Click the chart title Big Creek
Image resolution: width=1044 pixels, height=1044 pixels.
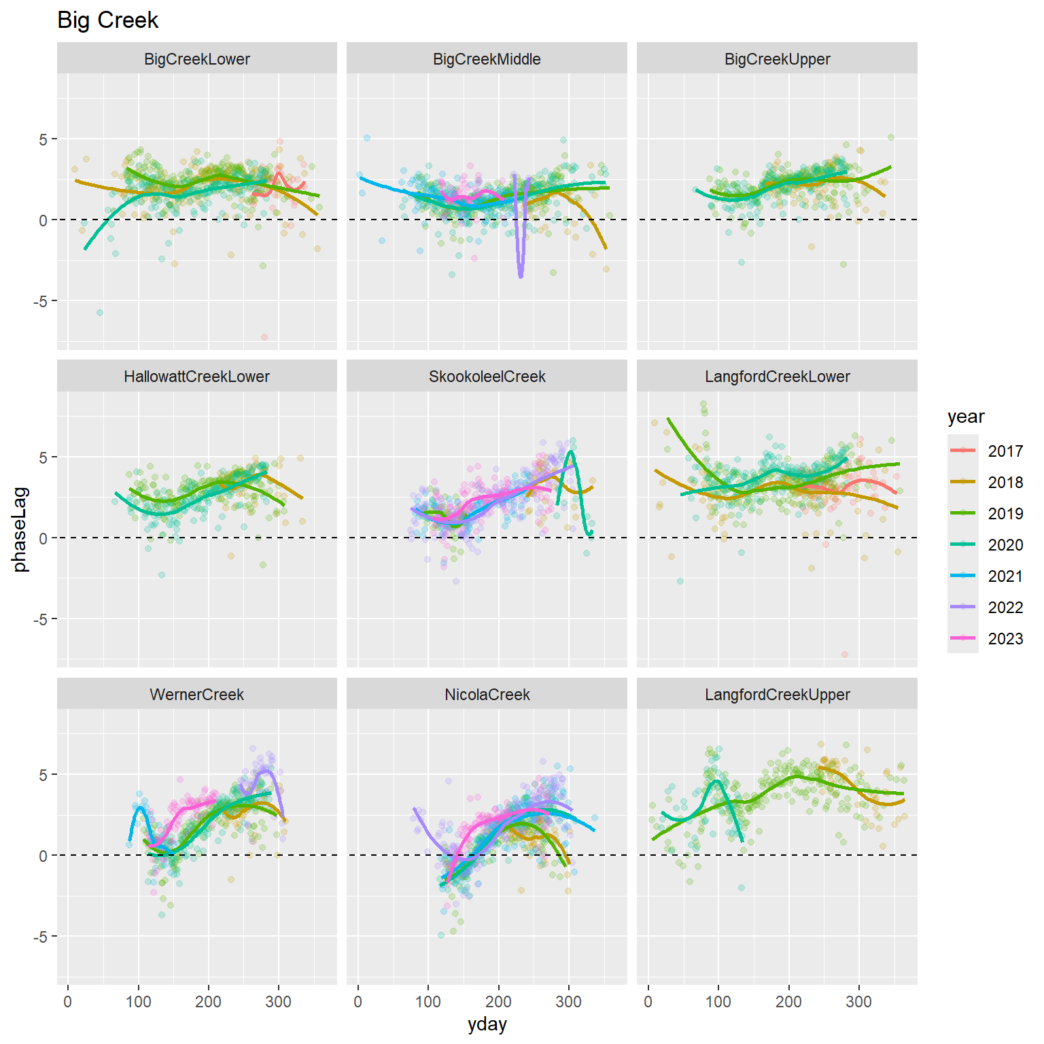tap(107, 20)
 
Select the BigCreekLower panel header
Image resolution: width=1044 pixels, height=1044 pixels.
tap(196, 59)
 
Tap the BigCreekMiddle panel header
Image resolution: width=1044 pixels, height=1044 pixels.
tap(487, 59)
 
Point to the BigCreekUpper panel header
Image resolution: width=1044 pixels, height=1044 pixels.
tap(777, 59)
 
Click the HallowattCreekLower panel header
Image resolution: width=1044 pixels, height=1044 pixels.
tap(196, 377)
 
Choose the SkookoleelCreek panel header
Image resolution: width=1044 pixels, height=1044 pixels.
tap(487, 377)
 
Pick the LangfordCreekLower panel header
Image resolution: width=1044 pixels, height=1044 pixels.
tap(777, 377)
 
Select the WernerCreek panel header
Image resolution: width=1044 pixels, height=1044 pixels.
tap(196, 695)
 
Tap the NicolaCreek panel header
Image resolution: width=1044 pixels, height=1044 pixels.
tap(487, 695)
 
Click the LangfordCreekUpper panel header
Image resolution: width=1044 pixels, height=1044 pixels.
tap(777, 695)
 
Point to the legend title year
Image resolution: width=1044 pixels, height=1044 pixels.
tap(965, 417)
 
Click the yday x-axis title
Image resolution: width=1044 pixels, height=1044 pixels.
tap(487, 1025)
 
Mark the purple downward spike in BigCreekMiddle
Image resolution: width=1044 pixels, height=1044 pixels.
tap(521, 272)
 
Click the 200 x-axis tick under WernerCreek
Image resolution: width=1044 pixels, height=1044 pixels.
tap(209, 1001)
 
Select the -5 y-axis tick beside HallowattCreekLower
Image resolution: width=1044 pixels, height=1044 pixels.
tap(42, 619)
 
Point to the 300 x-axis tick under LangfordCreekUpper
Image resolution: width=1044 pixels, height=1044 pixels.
tap(858, 1001)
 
